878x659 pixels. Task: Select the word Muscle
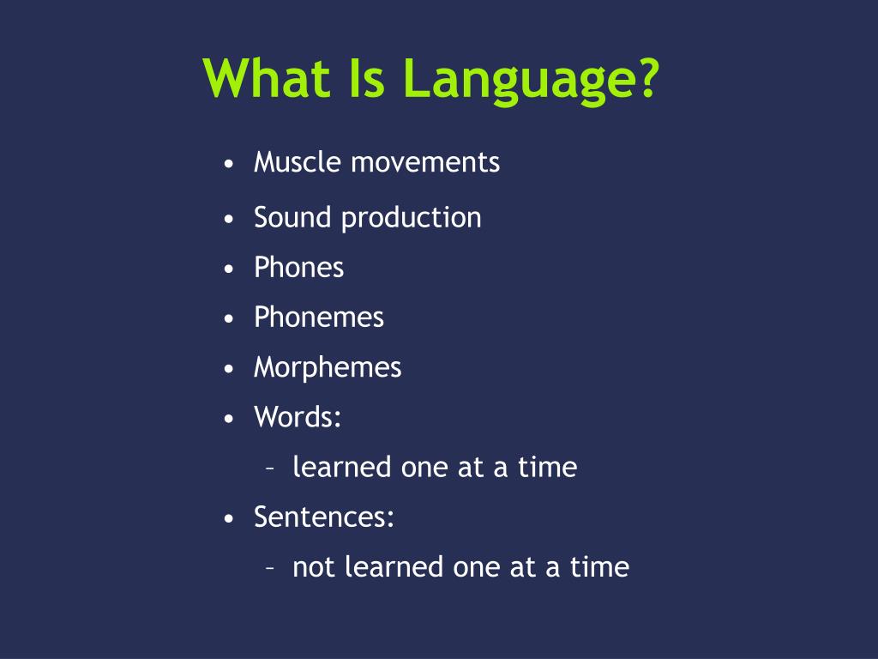[298, 162]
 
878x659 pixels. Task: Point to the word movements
[425, 163]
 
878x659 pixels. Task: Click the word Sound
[292, 217]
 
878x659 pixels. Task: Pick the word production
[411, 218]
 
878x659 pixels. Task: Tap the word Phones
[299, 268]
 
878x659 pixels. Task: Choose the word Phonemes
[319, 317]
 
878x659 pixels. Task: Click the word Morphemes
[328, 368]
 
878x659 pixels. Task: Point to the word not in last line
[314, 568]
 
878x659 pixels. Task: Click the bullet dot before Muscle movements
[228, 164]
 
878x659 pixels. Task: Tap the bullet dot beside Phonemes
[228, 319]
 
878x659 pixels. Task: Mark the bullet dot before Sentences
[228, 519]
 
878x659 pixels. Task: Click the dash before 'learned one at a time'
[270, 468]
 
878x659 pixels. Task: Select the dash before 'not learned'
[270, 568]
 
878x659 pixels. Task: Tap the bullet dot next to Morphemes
[228, 369]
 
